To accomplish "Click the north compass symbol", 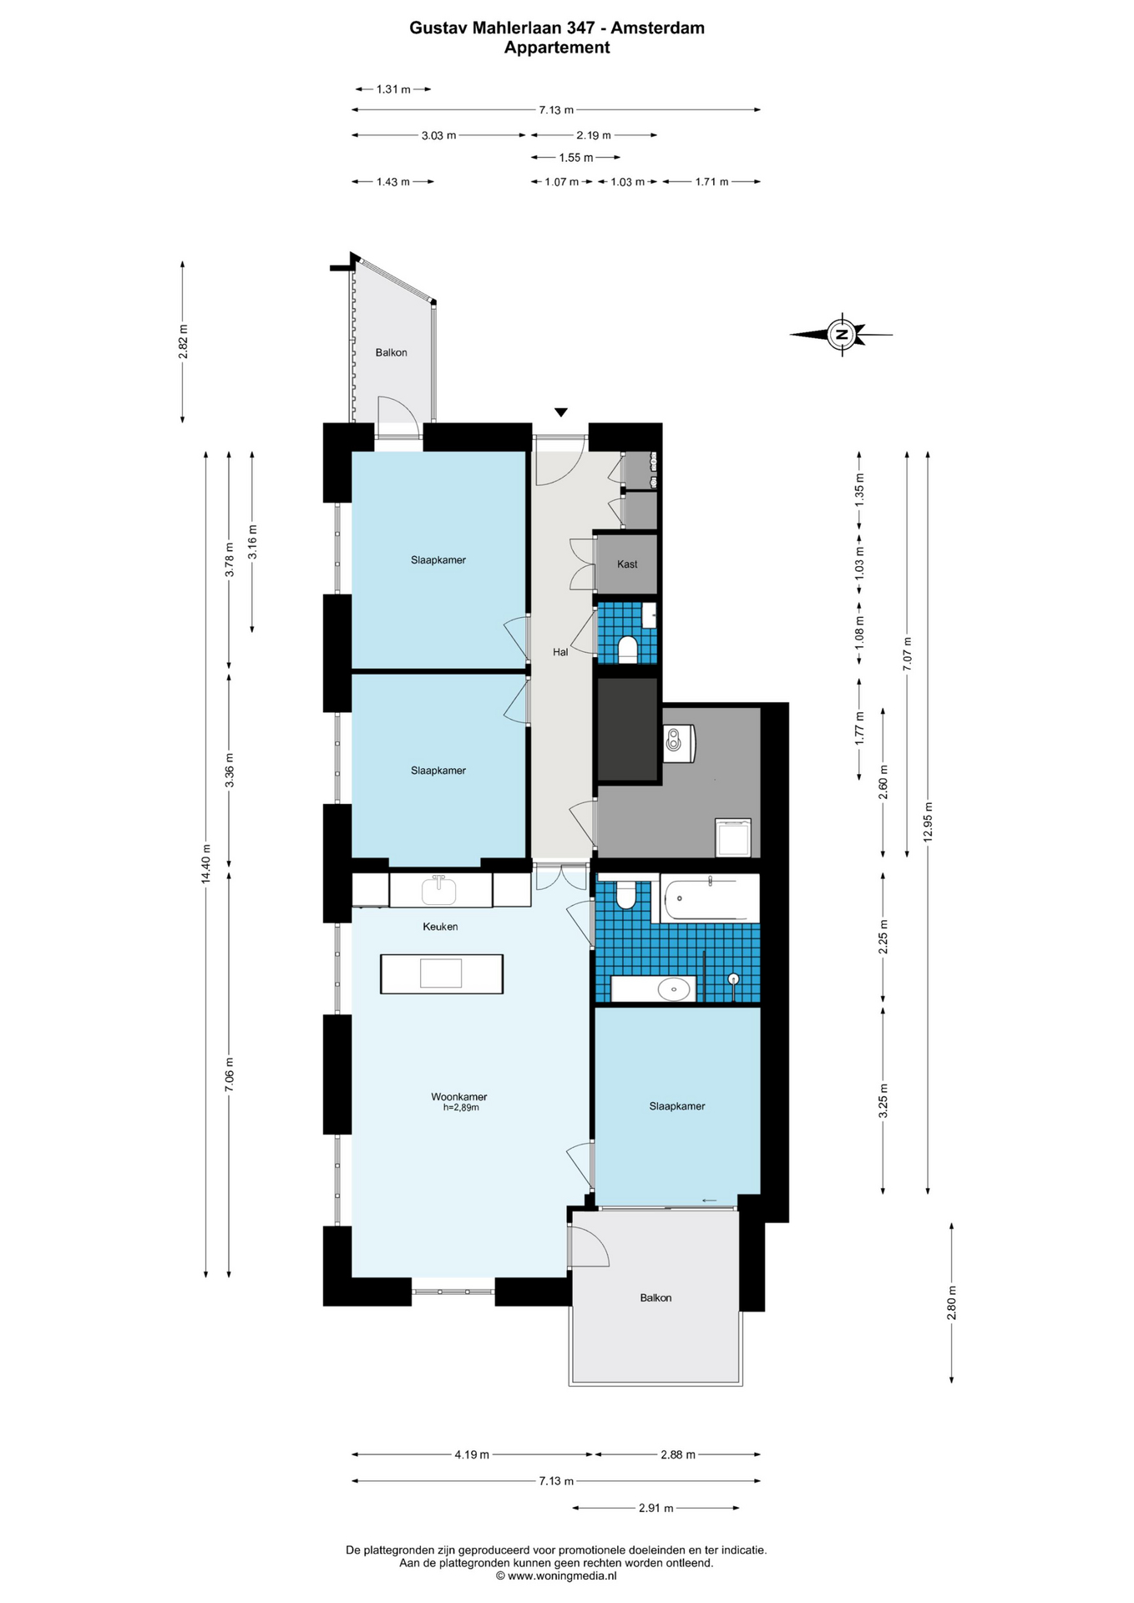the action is (842, 335).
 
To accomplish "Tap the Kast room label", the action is (627, 564).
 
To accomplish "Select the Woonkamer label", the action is (459, 1097).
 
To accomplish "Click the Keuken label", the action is (440, 927).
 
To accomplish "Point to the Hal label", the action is (560, 652).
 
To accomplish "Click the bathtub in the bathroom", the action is (710, 898).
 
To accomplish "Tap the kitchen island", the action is (442, 974).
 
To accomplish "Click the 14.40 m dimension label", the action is (205, 864).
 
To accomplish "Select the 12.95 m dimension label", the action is (929, 822).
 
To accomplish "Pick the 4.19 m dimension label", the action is (472, 1454).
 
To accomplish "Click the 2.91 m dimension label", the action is (656, 1508).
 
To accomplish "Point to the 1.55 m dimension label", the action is (576, 158).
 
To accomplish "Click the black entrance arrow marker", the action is (561, 412).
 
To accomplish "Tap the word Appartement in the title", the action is (557, 48).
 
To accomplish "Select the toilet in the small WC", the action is (627, 648).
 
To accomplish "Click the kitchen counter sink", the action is (439, 890).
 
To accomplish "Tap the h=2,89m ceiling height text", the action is (461, 1108).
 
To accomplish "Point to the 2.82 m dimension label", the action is (183, 341).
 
